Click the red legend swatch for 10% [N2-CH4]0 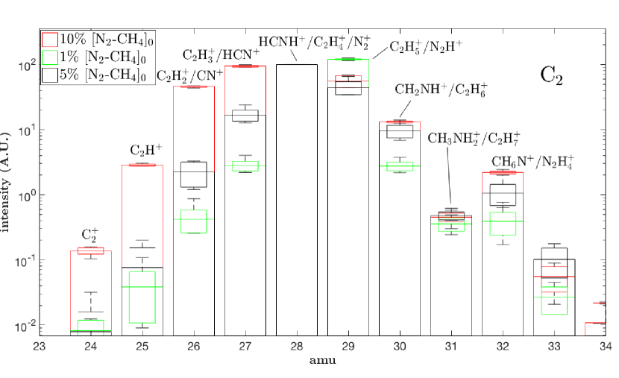coord(49,39)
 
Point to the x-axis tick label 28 coord(296,347)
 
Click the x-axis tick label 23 coord(40,347)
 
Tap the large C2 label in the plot coord(553,75)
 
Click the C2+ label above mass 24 coord(92,235)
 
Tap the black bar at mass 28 coord(296,201)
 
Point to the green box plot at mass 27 coord(245,166)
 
